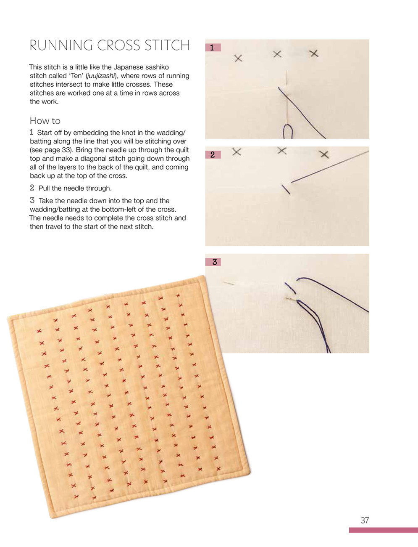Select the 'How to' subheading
[x=45, y=121]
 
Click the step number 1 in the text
[x=32, y=132]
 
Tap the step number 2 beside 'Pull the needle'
[x=32, y=188]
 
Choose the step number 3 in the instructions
[x=32, y=200]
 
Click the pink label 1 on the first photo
[x=213, y=48]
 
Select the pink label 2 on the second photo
[x=213, y=155]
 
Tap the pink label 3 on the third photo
[x=214, y=262]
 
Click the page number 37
[x=365, y=520]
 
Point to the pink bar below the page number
[x=383, y=530]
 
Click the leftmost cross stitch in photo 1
[x=238, y=58]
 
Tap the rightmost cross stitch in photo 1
[x=314, y=53]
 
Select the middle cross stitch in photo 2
[x=282, y=151]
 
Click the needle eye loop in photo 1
[x=287, y=131]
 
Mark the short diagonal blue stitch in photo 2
[x=286, y=189]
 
